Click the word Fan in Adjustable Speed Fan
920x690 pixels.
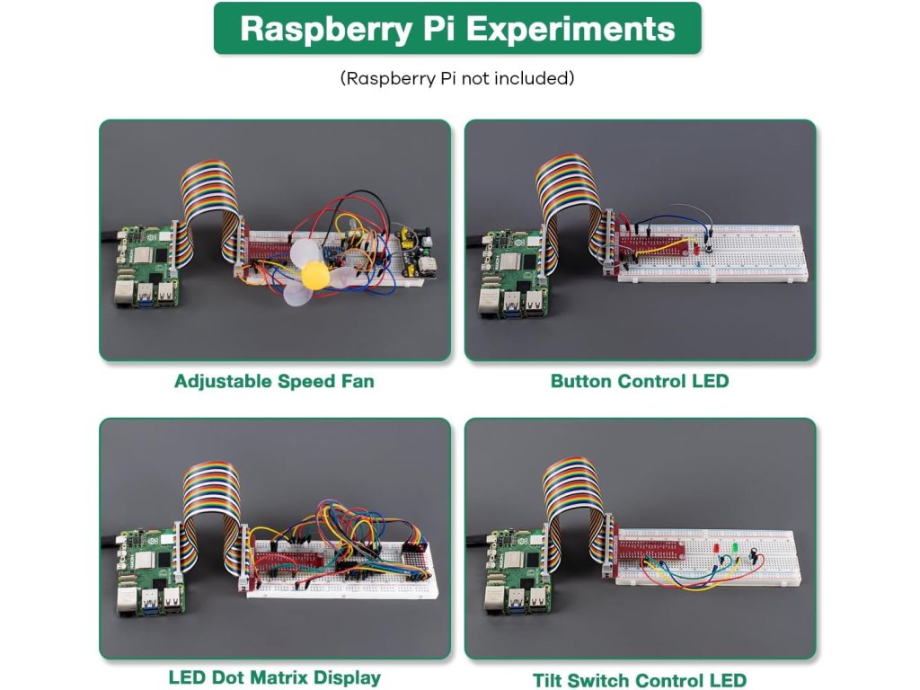[x=357, y=381]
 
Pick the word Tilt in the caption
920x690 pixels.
[x=549, y=680]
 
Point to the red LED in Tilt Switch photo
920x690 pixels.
[x=716, y=548]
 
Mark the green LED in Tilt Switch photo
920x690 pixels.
[x=735, y=546]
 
